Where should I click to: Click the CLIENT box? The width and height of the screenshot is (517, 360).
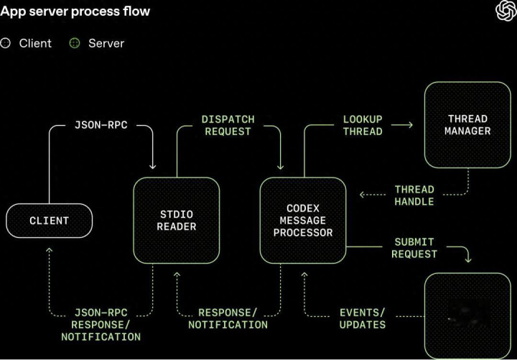click(50, 221)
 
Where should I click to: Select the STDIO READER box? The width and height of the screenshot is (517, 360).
click(177, 220)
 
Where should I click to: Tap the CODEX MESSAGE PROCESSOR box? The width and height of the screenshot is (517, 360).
click(304, 221)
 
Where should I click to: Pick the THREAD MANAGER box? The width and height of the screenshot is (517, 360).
click(467, 124)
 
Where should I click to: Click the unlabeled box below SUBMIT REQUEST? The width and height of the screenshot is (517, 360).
click(467, 315)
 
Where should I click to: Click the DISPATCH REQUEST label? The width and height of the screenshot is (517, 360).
click(228, 125)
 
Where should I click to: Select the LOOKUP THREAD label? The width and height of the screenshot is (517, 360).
click(363, 125)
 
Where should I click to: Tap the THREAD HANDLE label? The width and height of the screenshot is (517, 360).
click(414, 195)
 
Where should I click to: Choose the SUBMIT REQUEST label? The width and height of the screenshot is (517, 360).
click(414, 248)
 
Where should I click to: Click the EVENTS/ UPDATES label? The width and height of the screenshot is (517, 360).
click(363, 318)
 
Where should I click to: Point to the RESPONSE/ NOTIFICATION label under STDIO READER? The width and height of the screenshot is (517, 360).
click(228, 318)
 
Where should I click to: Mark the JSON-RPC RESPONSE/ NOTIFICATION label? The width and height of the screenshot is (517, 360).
click(101, 325)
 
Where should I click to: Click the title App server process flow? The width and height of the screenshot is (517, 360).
click(75, 12)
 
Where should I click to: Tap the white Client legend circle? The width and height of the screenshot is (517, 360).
click(6, 43)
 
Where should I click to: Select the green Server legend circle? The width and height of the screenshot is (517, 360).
click(75, 43)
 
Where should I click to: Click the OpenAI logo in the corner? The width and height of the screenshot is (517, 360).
click(506, 11)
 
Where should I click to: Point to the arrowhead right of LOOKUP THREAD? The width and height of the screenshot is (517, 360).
click(410, 125)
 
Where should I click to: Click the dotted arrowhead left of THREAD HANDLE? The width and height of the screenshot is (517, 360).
click(363, 195)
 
